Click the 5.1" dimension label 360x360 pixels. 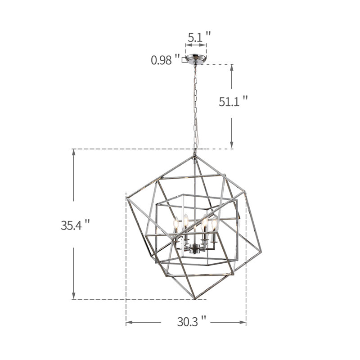click(x=199, y=37)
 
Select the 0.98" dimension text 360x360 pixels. click(x=165, y=60)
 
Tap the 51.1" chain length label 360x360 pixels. click(x=233, y=101)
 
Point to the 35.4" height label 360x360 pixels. click(x=75, y=225)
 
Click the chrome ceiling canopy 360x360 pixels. click(x=196, y=58)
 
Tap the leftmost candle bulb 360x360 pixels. click(x=176, y=222)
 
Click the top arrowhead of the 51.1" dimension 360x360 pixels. click(x=232, y=67)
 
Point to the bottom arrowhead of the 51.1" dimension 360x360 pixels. click(x=232, y=145)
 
